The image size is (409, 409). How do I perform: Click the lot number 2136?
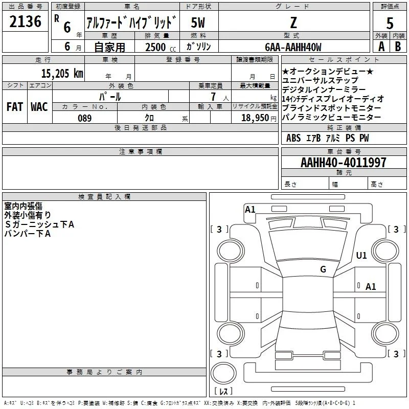(25, 21)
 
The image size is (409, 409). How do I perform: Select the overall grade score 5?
(390, 23)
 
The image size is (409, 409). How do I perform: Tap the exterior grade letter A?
(381, 47)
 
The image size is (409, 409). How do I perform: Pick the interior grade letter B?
(398, 47)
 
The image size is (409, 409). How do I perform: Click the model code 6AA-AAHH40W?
(293, 47)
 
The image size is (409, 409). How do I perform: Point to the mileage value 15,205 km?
(62, 73)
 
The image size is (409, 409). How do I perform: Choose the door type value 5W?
(198, 22)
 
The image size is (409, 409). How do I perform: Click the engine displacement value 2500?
(155, 47)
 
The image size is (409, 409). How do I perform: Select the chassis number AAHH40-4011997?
(343, 163)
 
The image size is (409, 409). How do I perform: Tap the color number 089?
(85, 118)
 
